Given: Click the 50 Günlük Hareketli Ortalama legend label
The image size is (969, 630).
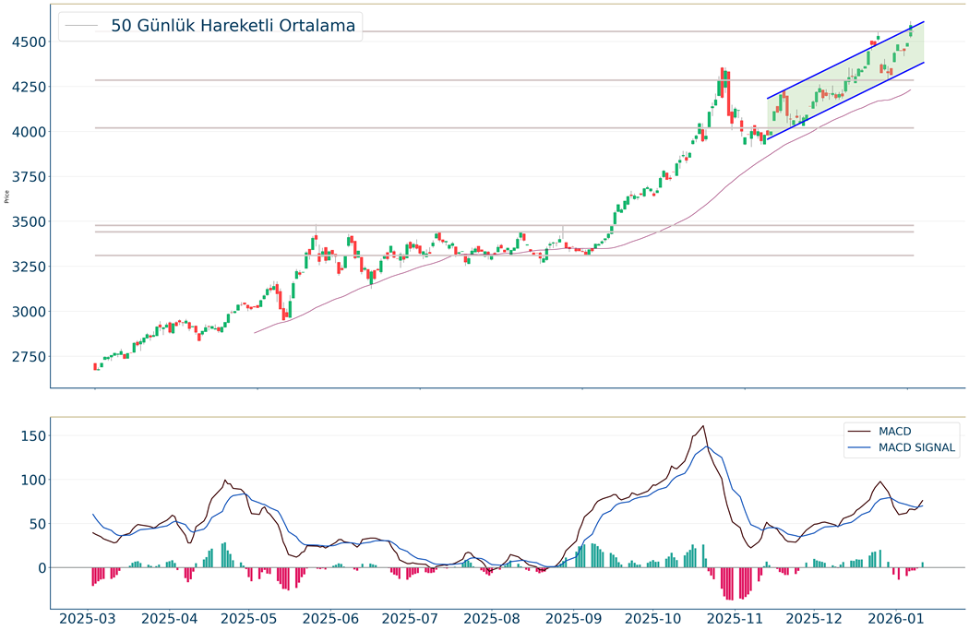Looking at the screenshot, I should pos(233,26).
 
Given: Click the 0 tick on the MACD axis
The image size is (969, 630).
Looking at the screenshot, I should pos(40,568).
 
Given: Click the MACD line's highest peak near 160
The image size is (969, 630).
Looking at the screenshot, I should pos(703,426).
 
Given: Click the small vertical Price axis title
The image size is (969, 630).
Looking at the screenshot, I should pos(7,196).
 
